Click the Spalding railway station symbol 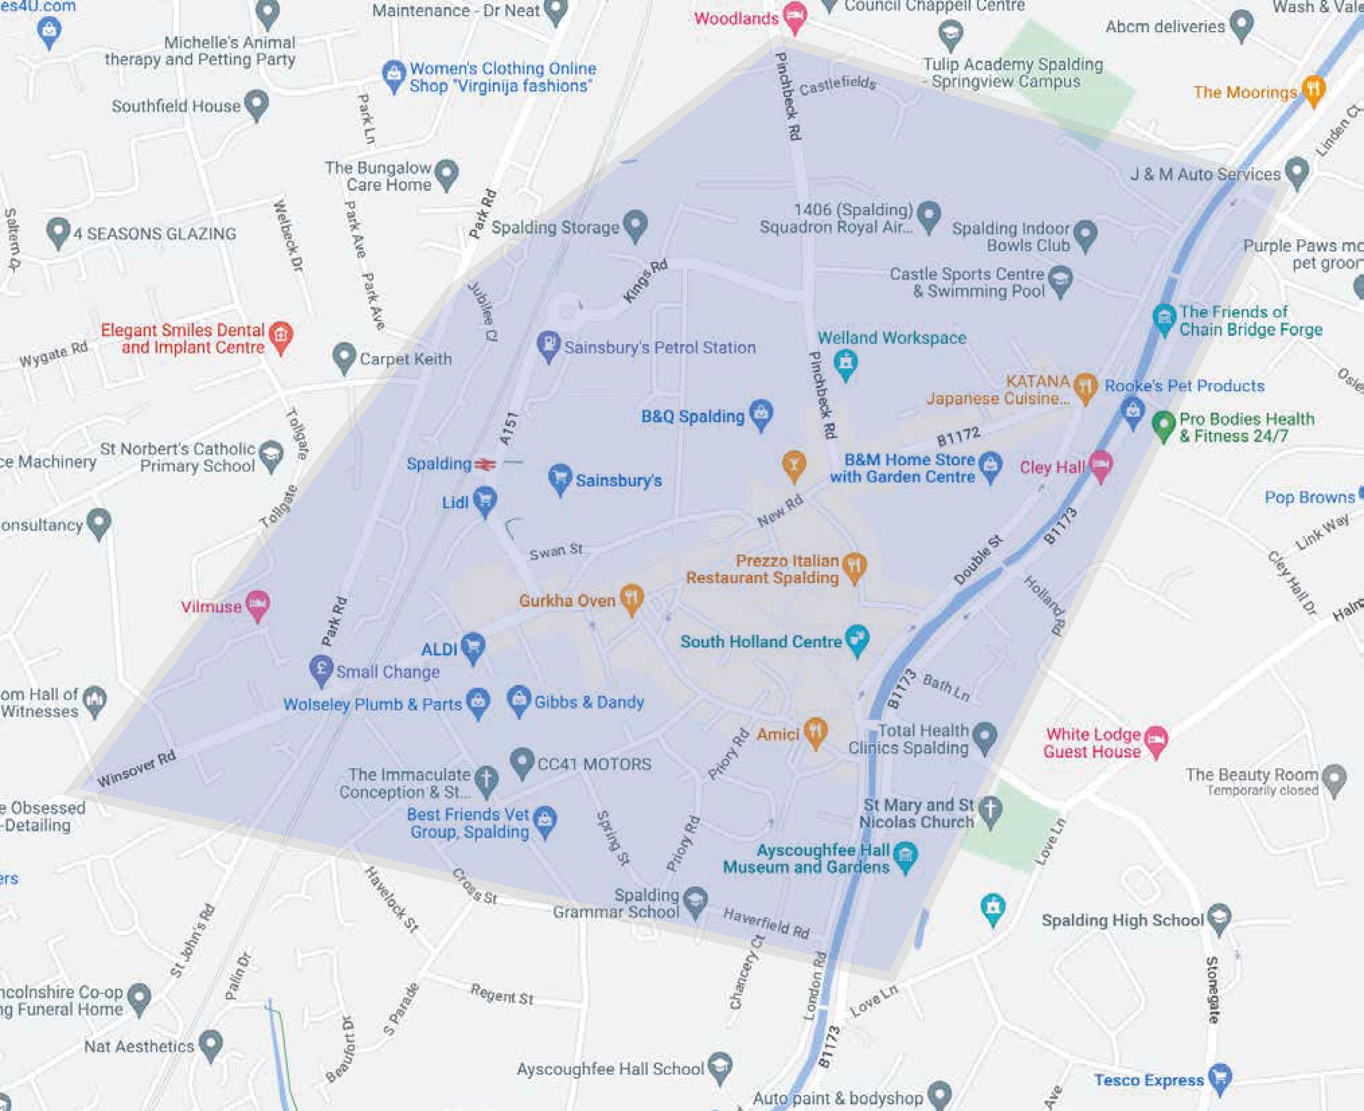(x=485, y=464)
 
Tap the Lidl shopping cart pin (x=485, y=500)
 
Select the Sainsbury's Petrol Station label (x=659, y=347)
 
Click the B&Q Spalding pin (x=761, y=414)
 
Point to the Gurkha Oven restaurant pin (x=631, y=598)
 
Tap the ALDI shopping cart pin (x=472, y=647)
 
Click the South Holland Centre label (x=761, y=642)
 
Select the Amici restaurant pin (x=815, y=732)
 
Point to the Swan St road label (x=556, y=551)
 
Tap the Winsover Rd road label (x=136, y=769)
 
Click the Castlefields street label (x=838, y=85)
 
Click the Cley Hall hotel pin (x=1100, y=465)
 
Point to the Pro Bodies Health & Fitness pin (x=1163, y=425)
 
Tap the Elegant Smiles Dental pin (x=281, y=336)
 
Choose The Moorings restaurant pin (x=1314, y=90)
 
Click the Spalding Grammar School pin (x=695, y=902)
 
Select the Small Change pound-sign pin (x=321, y=669)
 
